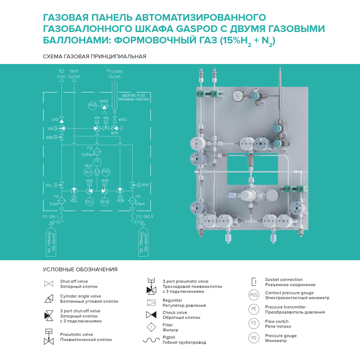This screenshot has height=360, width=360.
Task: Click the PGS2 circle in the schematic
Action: [x=92, y=105]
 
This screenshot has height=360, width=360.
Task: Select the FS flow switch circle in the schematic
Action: [x=97, y=162]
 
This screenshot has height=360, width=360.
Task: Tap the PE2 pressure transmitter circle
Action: [x=88, y=172]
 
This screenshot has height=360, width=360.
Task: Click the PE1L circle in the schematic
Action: [x=90, y=202]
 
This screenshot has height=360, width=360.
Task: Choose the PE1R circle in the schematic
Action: [x=104, y=202]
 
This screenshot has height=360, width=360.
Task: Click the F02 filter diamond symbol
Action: [x=97, y=152]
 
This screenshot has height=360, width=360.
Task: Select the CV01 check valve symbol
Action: [x=62, y=120]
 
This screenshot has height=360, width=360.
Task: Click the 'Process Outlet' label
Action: [x=114, y=74]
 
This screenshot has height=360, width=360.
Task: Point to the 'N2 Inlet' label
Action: [x=62, y=74]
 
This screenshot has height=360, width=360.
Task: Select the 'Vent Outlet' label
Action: [x=74, y=74]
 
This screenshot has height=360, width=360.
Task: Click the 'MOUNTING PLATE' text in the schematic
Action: [x=133, y=95]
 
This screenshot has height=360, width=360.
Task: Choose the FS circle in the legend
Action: [x=254, y=324]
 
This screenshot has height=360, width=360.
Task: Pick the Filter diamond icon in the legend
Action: [x=151, y=327]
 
